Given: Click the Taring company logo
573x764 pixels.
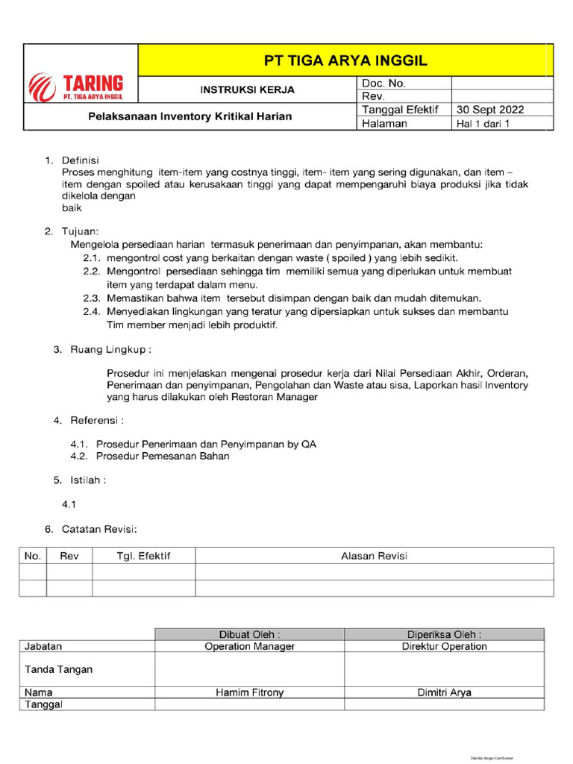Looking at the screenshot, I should click(x=76, y=87).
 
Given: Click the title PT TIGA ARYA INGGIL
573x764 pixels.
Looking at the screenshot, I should click(x=346, y=60).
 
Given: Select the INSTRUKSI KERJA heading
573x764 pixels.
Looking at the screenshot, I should click(x=247, y=90).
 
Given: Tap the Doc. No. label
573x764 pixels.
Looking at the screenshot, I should click(x=383, y=83).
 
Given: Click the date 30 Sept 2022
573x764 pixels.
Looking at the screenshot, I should click(x=490, y=110).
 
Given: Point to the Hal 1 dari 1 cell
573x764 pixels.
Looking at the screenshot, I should click(x=483, y=124).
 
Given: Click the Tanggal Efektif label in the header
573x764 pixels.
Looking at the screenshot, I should click(x=394, y=110).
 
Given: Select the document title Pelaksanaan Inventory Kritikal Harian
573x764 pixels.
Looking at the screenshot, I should click(x=190, y=116).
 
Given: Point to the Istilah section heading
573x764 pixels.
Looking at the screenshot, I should click(x=88, y=480).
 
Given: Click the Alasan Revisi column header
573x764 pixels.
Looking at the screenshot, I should click(x=374, y=556).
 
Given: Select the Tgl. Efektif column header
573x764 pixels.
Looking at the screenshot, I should click(x=144, y=556).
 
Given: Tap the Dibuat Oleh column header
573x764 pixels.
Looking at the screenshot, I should click(x=249, y=634).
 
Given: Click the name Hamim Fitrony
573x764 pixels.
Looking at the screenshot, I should click(x=249, y=692).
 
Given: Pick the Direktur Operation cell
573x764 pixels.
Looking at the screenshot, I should click(x=444, y=646).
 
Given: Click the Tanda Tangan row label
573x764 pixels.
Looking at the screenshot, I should click(x=59, y=669).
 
